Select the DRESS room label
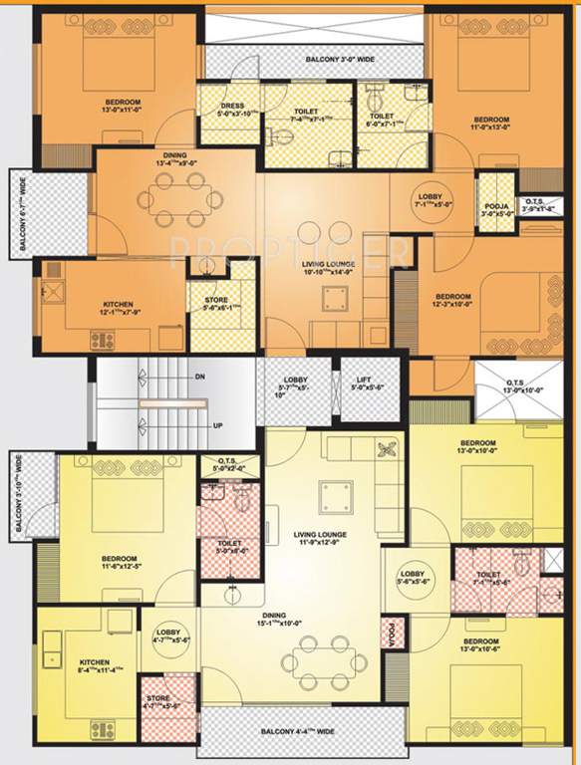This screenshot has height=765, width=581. click(233, 106)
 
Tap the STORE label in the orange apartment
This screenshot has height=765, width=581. click(216, 302)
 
